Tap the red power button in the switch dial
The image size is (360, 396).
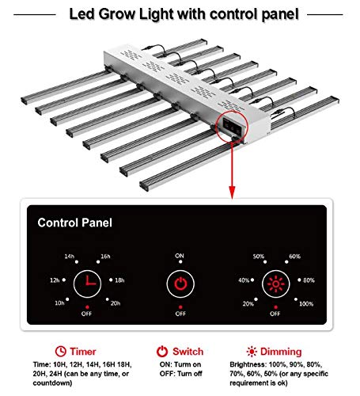[180, 283]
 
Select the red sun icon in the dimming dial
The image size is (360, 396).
[274, 282]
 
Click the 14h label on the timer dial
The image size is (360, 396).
[70, 257]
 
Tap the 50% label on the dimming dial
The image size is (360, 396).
[257, 257]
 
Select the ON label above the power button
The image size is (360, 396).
[180, 256]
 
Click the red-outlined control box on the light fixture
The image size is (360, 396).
[230, 126]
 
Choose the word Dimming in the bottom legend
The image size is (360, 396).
[283, 351]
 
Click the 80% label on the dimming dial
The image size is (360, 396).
[309, 280]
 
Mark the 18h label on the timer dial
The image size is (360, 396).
[119, 280]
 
